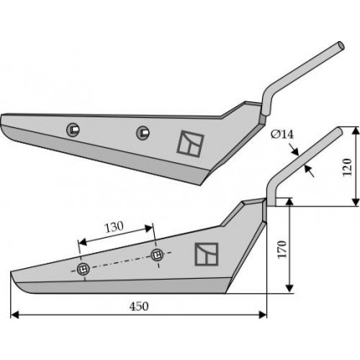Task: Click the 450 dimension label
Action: (139, 306)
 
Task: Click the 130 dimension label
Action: (114, 227)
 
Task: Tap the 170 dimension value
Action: (282, 249)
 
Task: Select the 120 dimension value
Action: (347, 167)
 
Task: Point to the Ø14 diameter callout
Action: (282, 135)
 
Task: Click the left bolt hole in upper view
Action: (73, 130)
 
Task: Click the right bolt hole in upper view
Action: (143, 133)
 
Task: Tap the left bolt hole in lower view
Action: (83, 270)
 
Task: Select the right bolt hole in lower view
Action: (157, 255)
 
